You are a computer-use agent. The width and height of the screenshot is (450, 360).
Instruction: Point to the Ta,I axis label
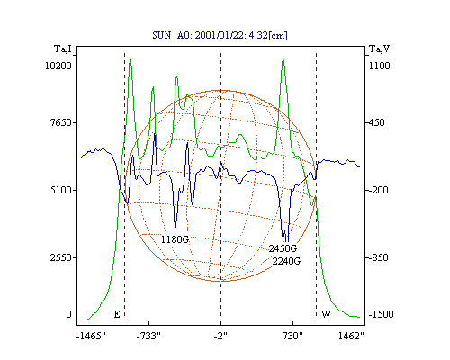(x=63, y=49)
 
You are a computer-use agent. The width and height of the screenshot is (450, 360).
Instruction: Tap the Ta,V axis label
(x=379, y=49)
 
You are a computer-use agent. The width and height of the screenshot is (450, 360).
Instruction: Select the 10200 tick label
(x=58, y=66)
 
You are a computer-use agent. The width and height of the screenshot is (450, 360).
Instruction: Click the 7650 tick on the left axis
(x=60, y=122)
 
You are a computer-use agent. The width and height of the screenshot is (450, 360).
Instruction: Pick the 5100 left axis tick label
(x=60, y=190)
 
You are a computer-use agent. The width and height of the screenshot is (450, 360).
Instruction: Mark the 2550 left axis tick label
(x=60, y=257)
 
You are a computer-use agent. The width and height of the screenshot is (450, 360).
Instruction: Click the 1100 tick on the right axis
(x=379, y=66)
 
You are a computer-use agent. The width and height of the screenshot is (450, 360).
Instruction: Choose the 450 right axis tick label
(x=376, y=122)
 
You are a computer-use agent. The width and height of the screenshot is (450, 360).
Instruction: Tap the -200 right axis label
(x=378, y=190)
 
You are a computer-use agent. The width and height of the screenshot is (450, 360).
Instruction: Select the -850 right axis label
(x=378, y=257)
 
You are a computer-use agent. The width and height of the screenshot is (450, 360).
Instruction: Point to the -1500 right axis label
(x=381, y=314)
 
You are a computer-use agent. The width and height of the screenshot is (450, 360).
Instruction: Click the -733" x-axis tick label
(x=148, y=337)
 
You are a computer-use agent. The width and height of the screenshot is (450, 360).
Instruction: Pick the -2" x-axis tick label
(x=220, y=337)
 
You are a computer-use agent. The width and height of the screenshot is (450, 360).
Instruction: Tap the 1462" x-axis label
(x=351, y=337)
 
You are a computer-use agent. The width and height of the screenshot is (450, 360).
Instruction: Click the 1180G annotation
(x=175, y=239)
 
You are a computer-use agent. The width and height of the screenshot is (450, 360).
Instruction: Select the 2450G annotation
(x=283, y=248)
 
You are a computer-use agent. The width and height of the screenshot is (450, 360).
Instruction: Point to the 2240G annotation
(x=286, y=261)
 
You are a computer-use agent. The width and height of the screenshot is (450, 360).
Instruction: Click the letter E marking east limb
(x=117, y=314)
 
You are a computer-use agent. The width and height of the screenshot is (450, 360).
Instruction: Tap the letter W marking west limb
(x=326, y=314)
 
